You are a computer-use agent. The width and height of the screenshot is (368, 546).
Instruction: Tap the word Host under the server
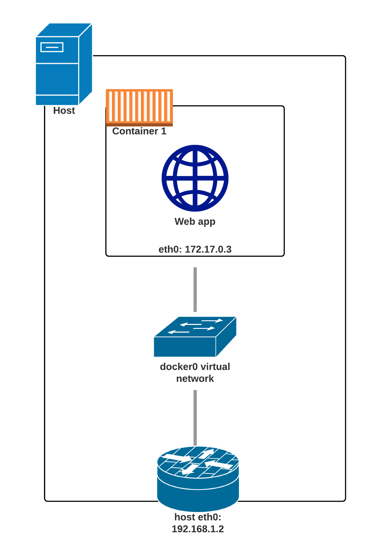coord(64,111)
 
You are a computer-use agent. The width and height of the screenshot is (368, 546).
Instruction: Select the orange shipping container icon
coord(139,107)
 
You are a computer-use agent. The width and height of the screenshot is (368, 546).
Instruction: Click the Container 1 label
coord(139,131)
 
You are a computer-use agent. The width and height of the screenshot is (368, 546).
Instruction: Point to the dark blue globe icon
coord(195,178)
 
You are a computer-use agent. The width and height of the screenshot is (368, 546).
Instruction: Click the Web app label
coord(195,222)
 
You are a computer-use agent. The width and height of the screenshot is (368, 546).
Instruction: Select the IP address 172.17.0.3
coord(208,249)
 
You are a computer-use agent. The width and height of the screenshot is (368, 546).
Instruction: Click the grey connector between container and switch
coord(195,290)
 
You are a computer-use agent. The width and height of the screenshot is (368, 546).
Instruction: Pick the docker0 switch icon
coord(195,337)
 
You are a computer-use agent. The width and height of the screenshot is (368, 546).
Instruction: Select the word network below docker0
coord(195,379)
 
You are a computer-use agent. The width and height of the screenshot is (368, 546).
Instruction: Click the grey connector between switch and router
coord(195,417)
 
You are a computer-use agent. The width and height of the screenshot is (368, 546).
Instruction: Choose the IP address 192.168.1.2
coord(198,529)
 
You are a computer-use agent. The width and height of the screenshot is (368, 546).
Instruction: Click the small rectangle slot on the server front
coord(52,47)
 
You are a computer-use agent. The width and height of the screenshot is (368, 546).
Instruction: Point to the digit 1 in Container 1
coord(163,131)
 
